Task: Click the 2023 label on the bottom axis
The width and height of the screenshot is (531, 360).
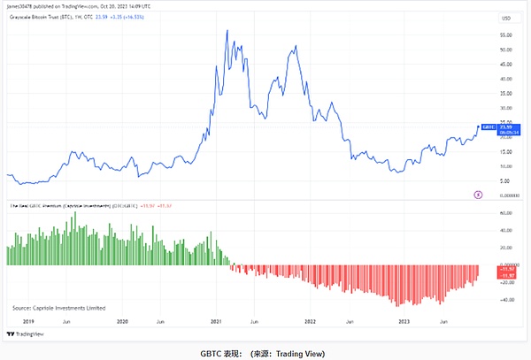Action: click(x=404, y=319)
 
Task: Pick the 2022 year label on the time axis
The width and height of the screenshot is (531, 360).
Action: click(x=311, y=319)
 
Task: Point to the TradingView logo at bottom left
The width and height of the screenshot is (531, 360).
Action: click(x=27, y=333)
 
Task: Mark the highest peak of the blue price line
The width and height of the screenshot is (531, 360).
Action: click(x=228, y=31)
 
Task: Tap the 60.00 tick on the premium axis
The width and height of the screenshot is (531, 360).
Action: click(x=507, y=213)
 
